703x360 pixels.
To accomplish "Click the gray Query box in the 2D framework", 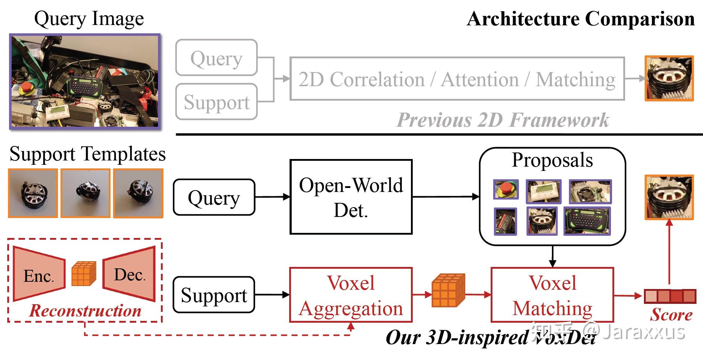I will click(x=216, y=58).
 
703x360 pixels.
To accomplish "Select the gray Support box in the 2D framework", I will click(x=216, y=102).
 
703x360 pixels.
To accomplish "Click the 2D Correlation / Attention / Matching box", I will click(x=457, y=79).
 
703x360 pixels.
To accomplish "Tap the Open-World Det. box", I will click(x=351, y=197).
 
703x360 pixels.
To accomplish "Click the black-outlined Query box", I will click(x=214, y=197).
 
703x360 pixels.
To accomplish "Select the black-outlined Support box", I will click(x=214, y=295).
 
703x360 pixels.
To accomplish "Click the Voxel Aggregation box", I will click(x=351, y=295).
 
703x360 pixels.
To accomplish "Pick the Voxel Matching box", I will click(x=552, y=295).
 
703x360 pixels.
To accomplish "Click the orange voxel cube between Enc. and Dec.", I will click(x=84, y=274).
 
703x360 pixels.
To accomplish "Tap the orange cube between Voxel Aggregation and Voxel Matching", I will click(x=448, y=290).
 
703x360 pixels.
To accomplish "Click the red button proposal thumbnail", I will click(x=506, y=189).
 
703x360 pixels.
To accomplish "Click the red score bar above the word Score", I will click(x=670, y=296).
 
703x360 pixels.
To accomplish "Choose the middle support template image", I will click(x=86, y=193).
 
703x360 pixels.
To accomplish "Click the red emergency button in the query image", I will click(x=26, y=88).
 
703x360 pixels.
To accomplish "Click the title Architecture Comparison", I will click(x=580, y=19).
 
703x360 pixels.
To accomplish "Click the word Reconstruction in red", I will click(x=85, y=311).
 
